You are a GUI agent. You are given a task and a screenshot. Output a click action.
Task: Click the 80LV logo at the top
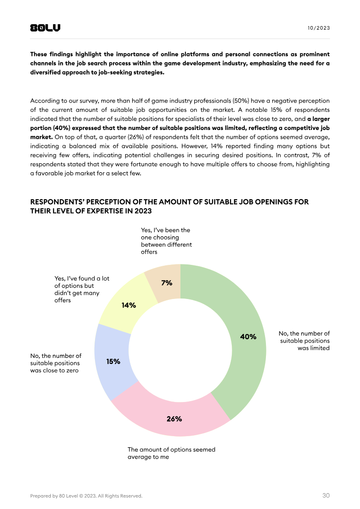click(x=45, y=28)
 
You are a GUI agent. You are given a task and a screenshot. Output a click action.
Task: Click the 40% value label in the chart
click(x=248, y=336)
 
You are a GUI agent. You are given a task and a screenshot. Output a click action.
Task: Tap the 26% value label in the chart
click(x=174, y=419)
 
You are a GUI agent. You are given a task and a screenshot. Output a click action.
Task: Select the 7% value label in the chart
click(x=166, y=283)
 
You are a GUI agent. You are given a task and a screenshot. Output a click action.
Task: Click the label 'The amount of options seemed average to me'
click(x=171, y=453)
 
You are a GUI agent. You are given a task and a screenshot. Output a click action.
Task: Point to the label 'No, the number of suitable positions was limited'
click(x=304, y=340)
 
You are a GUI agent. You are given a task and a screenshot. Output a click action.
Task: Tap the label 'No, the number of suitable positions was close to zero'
click(x=56, y=363)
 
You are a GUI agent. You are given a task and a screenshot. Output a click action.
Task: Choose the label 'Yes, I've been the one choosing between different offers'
click(x=166, y=241)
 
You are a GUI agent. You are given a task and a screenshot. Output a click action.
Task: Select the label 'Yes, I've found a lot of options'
click(x=81, y=289)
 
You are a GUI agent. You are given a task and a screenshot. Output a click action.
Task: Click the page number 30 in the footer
click(x=326, y=496)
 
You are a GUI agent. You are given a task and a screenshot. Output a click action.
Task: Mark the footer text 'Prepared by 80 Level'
click(x=86, y=496)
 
